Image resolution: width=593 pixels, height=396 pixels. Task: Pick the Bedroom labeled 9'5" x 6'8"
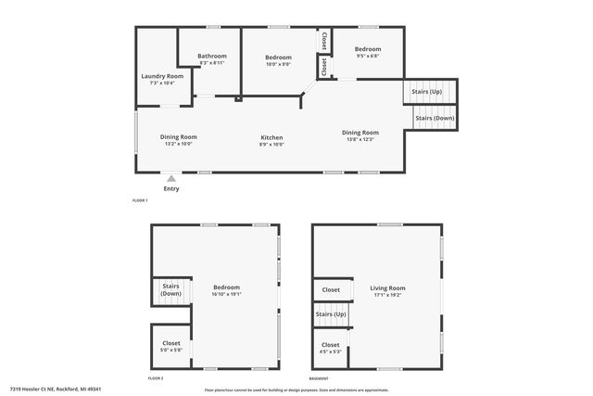368,52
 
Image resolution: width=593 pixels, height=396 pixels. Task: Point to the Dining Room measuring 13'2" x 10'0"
178,140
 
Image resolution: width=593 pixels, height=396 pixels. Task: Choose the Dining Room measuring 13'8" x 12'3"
360,135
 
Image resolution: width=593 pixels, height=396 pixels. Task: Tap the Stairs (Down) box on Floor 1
435,119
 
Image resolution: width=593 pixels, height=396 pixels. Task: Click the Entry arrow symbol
170,176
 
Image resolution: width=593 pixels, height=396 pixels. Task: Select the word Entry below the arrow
171,189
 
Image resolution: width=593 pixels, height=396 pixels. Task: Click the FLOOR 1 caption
140,201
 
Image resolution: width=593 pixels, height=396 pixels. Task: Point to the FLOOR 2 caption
156,378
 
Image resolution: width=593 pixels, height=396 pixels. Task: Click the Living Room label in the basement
388,291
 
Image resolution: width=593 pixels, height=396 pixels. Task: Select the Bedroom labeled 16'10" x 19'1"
226,290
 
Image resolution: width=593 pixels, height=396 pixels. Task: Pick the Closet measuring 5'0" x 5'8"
171,346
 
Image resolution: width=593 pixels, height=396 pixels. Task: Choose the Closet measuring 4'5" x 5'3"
331,348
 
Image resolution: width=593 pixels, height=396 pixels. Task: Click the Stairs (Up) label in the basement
331,314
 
